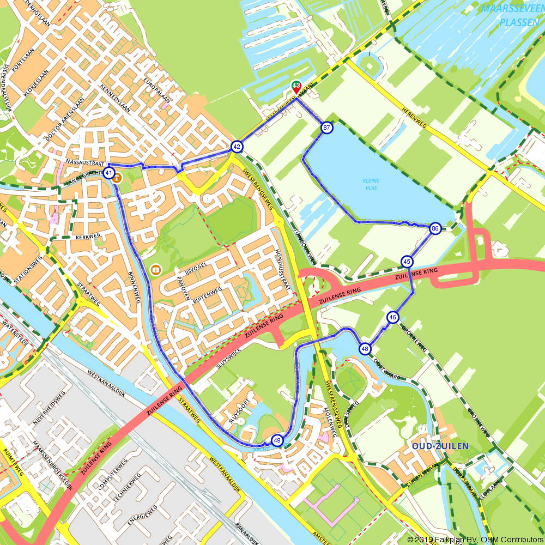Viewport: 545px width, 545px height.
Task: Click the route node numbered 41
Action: (109, 174)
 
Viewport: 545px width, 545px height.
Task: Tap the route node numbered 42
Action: (237, 147)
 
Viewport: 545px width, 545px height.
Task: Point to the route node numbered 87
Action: (326, 128)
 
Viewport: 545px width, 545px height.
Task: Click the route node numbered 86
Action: (435, 228)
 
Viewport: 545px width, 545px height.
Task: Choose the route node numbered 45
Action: (407, 262)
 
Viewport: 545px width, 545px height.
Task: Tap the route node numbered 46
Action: (393, 317)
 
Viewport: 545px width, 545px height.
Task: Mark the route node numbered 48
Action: (365, 349)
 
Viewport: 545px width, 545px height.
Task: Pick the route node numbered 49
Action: (277, 440)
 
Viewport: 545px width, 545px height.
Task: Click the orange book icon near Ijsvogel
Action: (156, 270)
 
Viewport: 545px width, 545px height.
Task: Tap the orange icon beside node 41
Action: (117, 178)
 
